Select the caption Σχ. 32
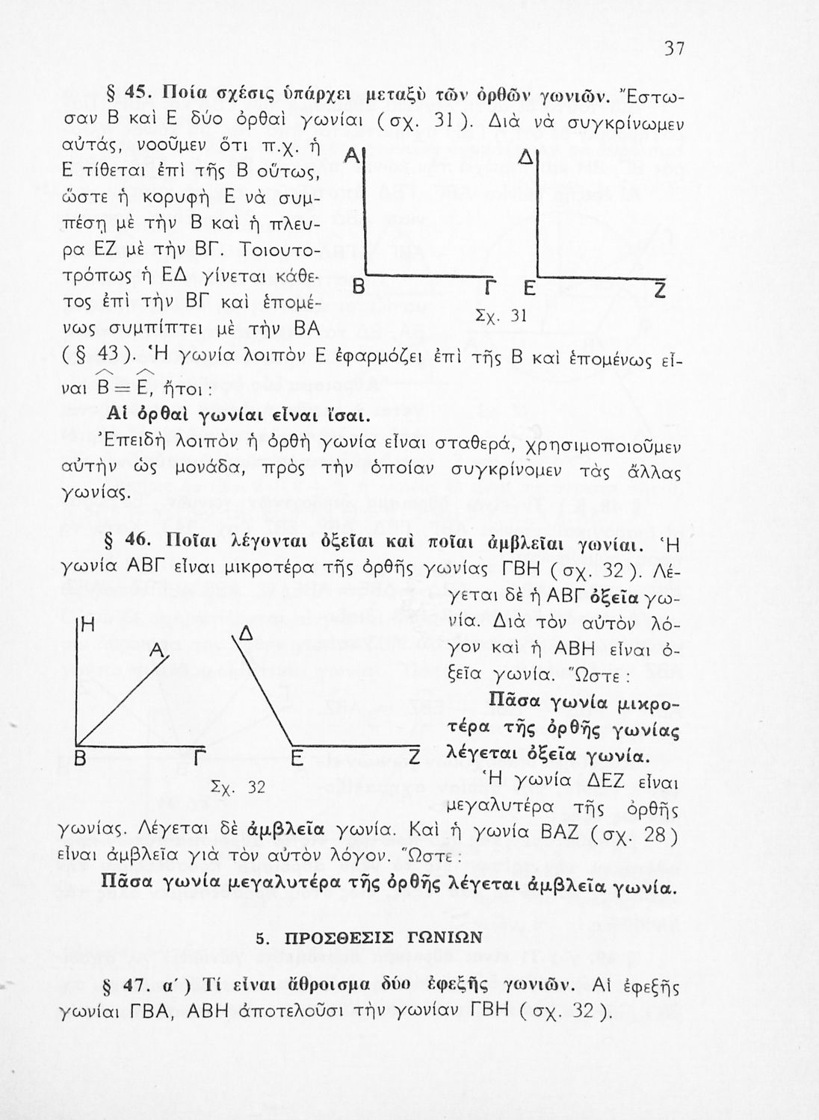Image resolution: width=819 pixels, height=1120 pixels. pyautogui.click(x=238, y=787)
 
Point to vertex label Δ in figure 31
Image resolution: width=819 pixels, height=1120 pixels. pyautogui.click(x=525, y=160)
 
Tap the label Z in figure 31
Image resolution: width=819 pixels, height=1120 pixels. pyautogui.click(x=660, y=290)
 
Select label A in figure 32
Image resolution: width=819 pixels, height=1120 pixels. pyautogui.click(x=158, y=651)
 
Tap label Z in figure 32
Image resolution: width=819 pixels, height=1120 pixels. pyautogui.click(x=410, y=759)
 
